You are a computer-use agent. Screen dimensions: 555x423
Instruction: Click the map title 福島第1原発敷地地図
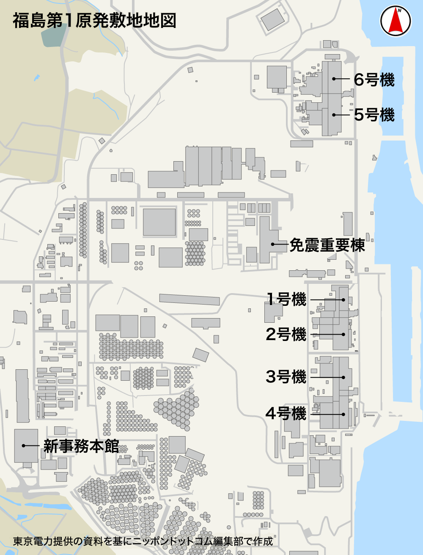(x=94, y=21)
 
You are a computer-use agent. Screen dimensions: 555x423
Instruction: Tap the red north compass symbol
(x=396, y=21)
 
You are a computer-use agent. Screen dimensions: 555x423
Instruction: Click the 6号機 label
(x=374, y=80)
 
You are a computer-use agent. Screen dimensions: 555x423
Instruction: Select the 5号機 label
(x=374, y=115)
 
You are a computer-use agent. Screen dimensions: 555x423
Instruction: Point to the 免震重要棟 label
(x=327, y=245)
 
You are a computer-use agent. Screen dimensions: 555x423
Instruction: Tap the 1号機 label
(x=286, y=299)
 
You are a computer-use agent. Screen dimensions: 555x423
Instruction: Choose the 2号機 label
(x=286, y=334)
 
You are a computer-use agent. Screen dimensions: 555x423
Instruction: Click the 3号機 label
(x=286, y=376)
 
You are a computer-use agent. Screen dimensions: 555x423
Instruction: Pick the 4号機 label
(x=286, y=413)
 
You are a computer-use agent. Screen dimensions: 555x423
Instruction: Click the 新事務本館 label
(x=81, y=446)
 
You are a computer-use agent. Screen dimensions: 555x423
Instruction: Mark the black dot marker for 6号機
(x=334, y=79)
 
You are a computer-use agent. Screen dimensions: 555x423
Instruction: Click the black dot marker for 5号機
(x=334, y=115)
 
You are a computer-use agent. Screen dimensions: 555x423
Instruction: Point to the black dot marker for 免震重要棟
(x=273, y=244)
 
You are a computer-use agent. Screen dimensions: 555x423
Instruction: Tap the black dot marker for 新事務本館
(x=23, y=445)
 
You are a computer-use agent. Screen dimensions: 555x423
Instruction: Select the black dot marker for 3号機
(x=343, y=377)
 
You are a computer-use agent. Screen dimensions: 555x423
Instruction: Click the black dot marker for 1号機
(x=343, y=300)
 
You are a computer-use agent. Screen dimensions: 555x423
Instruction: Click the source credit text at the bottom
(x=143, y=541)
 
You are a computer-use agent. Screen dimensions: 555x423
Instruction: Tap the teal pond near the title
(x=53, y=36)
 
